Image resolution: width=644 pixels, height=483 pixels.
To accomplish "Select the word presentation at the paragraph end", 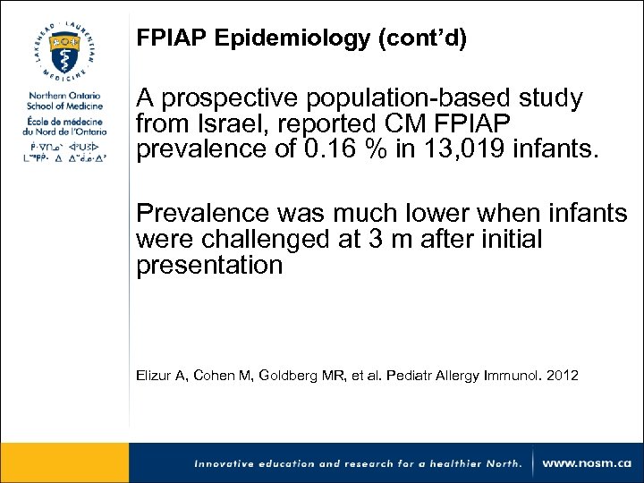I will (208, 266).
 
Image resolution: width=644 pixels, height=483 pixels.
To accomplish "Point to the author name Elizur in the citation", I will (154, 376).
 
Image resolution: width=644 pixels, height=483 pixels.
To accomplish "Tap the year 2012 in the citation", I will (561, 376).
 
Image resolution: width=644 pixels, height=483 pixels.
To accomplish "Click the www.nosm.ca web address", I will (587, 462).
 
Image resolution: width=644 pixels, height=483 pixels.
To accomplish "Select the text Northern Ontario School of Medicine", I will (64, 101).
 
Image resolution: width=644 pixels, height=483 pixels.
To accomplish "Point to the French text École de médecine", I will (64, 122).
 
